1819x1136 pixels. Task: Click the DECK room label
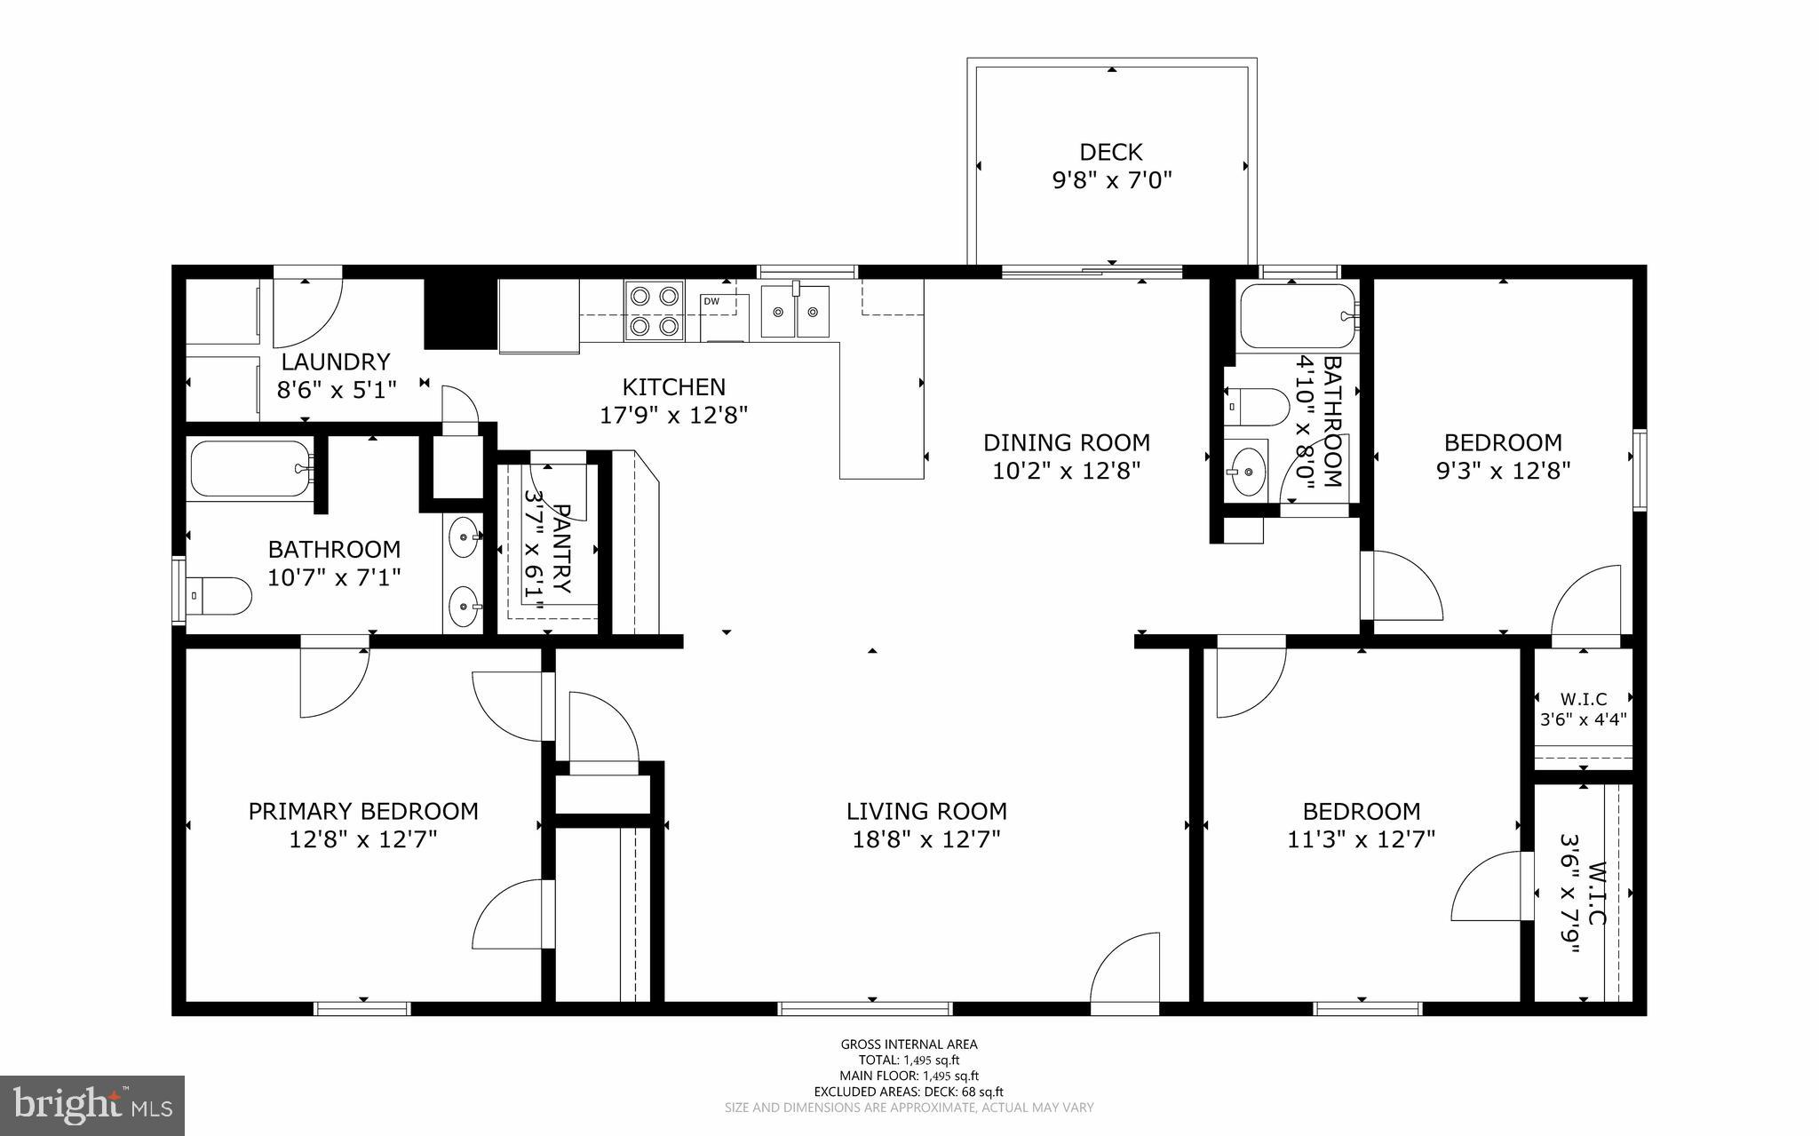[1110, 152]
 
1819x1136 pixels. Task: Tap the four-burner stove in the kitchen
[655, 311]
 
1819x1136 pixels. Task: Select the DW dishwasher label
[711, 301]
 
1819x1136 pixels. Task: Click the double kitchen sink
[796, 312]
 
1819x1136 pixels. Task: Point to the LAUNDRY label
[336, 361]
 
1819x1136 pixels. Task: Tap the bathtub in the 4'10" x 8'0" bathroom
[1297, 315]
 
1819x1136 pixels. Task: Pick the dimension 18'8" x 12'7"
[926, 839]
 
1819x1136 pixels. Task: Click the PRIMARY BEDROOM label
[362, 811]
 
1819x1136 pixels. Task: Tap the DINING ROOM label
[1066, 442]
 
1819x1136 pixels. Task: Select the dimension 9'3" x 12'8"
[1503, 471]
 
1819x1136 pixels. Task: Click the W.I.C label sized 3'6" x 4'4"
[1584, 699]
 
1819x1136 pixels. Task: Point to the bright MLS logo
[92, 1105]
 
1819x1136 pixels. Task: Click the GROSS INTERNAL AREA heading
[909, 1045]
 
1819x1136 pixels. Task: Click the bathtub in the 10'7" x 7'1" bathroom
[250, 469]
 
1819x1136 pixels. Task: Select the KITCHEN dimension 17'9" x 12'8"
[674, 415]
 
